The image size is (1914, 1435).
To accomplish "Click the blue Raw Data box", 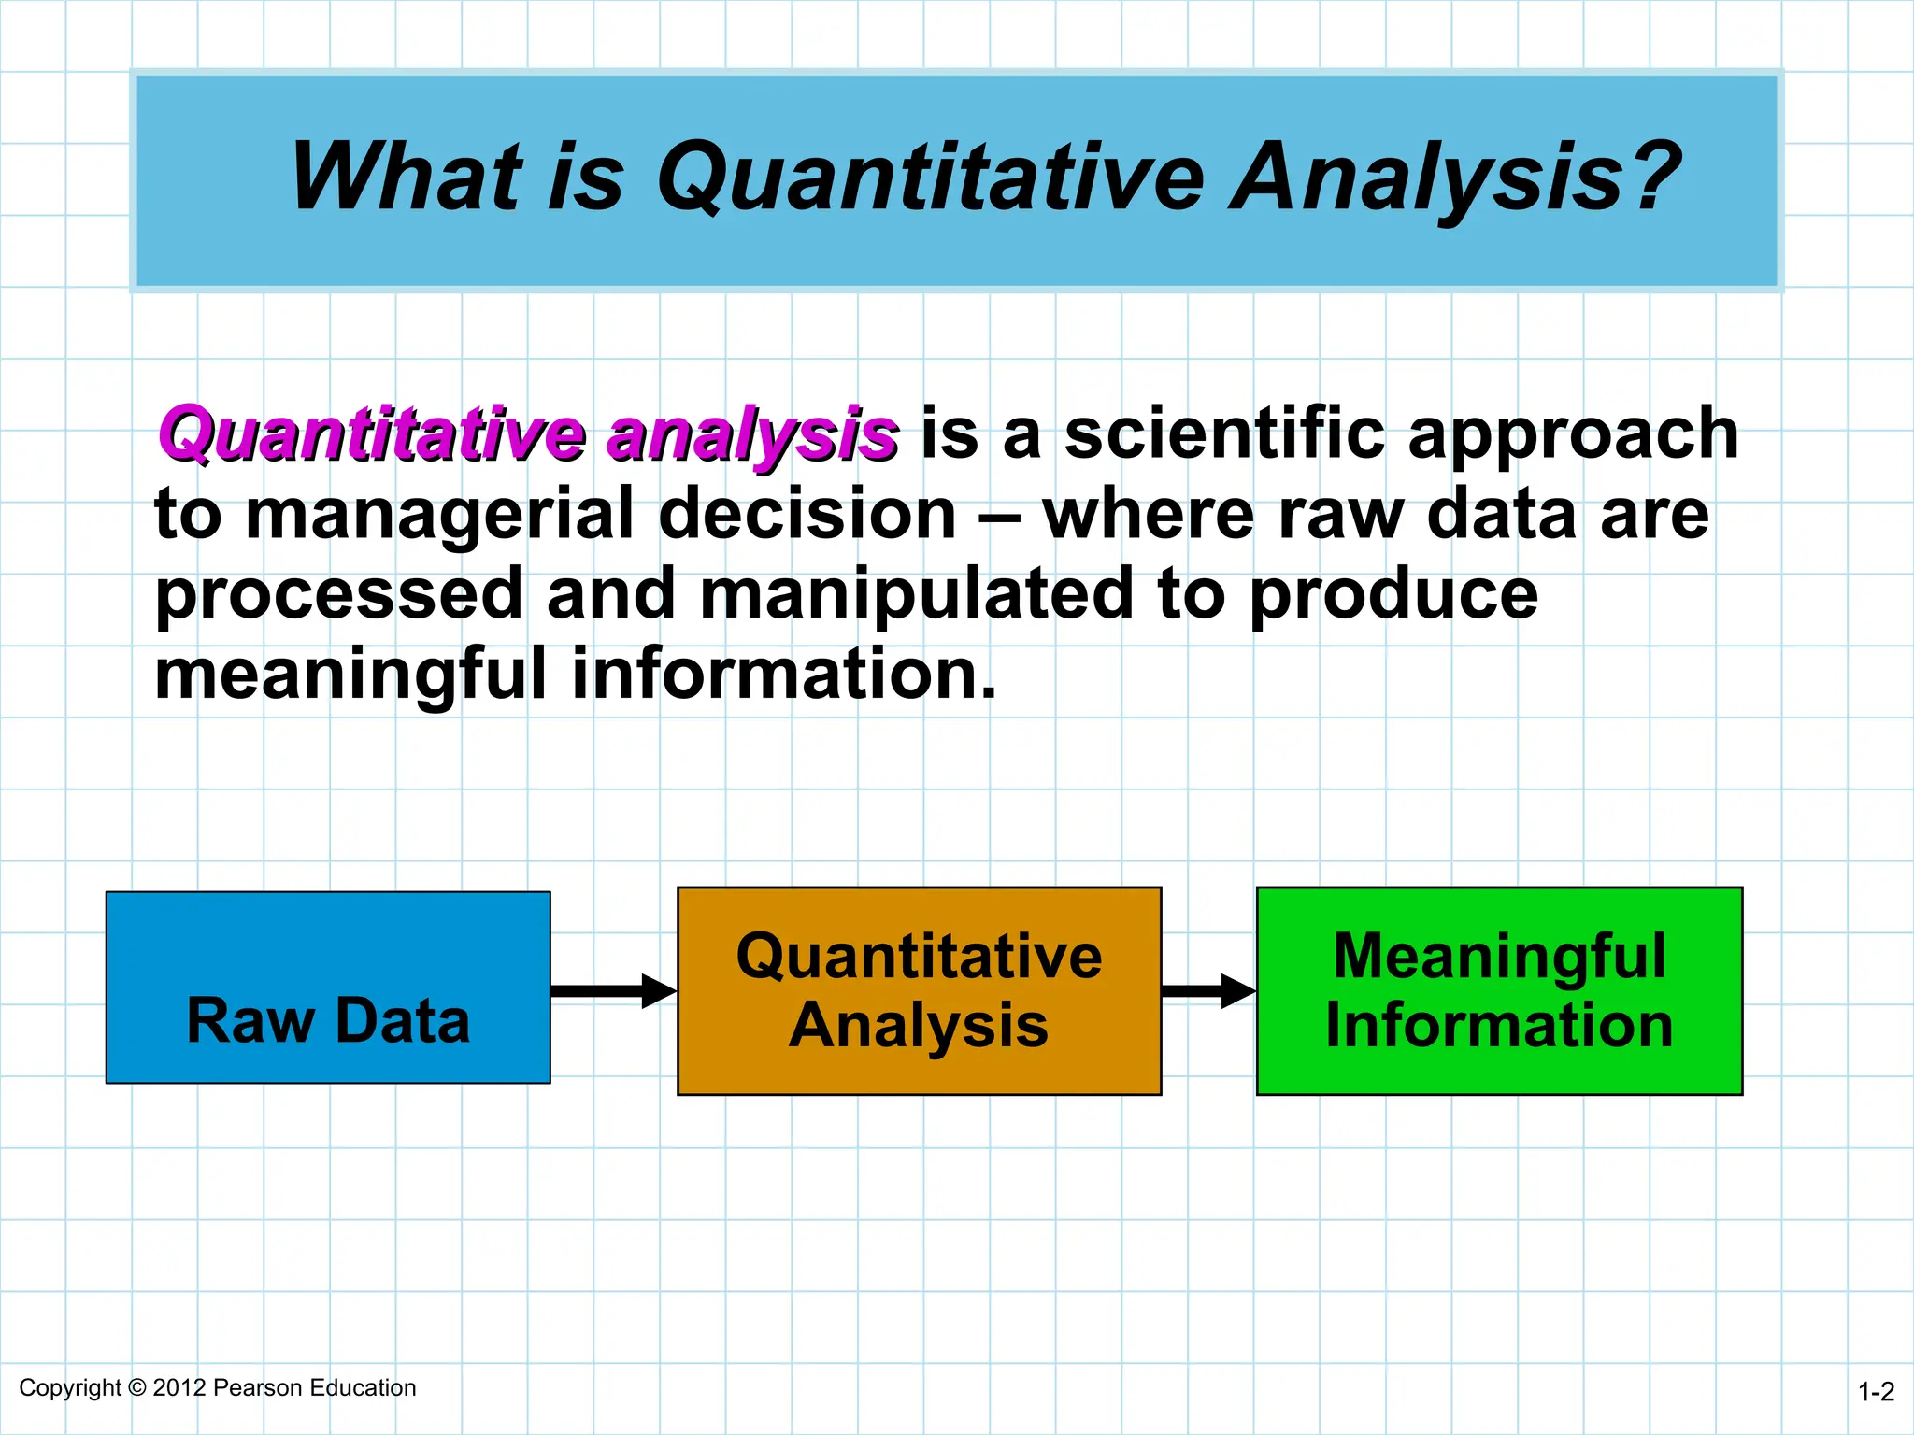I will click(328, 987).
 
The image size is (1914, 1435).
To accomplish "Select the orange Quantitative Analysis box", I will click(919, 990).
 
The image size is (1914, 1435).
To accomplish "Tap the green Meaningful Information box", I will click(1499, 990).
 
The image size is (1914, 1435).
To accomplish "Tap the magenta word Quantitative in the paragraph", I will click(372, 434).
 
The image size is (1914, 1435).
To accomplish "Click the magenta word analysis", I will click(752, 436).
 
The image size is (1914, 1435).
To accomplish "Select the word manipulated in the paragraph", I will click(916, 595).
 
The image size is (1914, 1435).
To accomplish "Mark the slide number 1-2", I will click(1876, 1392).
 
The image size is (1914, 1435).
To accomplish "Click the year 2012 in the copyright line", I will click(179, 1387).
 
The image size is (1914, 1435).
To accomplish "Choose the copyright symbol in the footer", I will click(137, 1387).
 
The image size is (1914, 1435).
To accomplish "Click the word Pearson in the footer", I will click(259, 1387).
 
